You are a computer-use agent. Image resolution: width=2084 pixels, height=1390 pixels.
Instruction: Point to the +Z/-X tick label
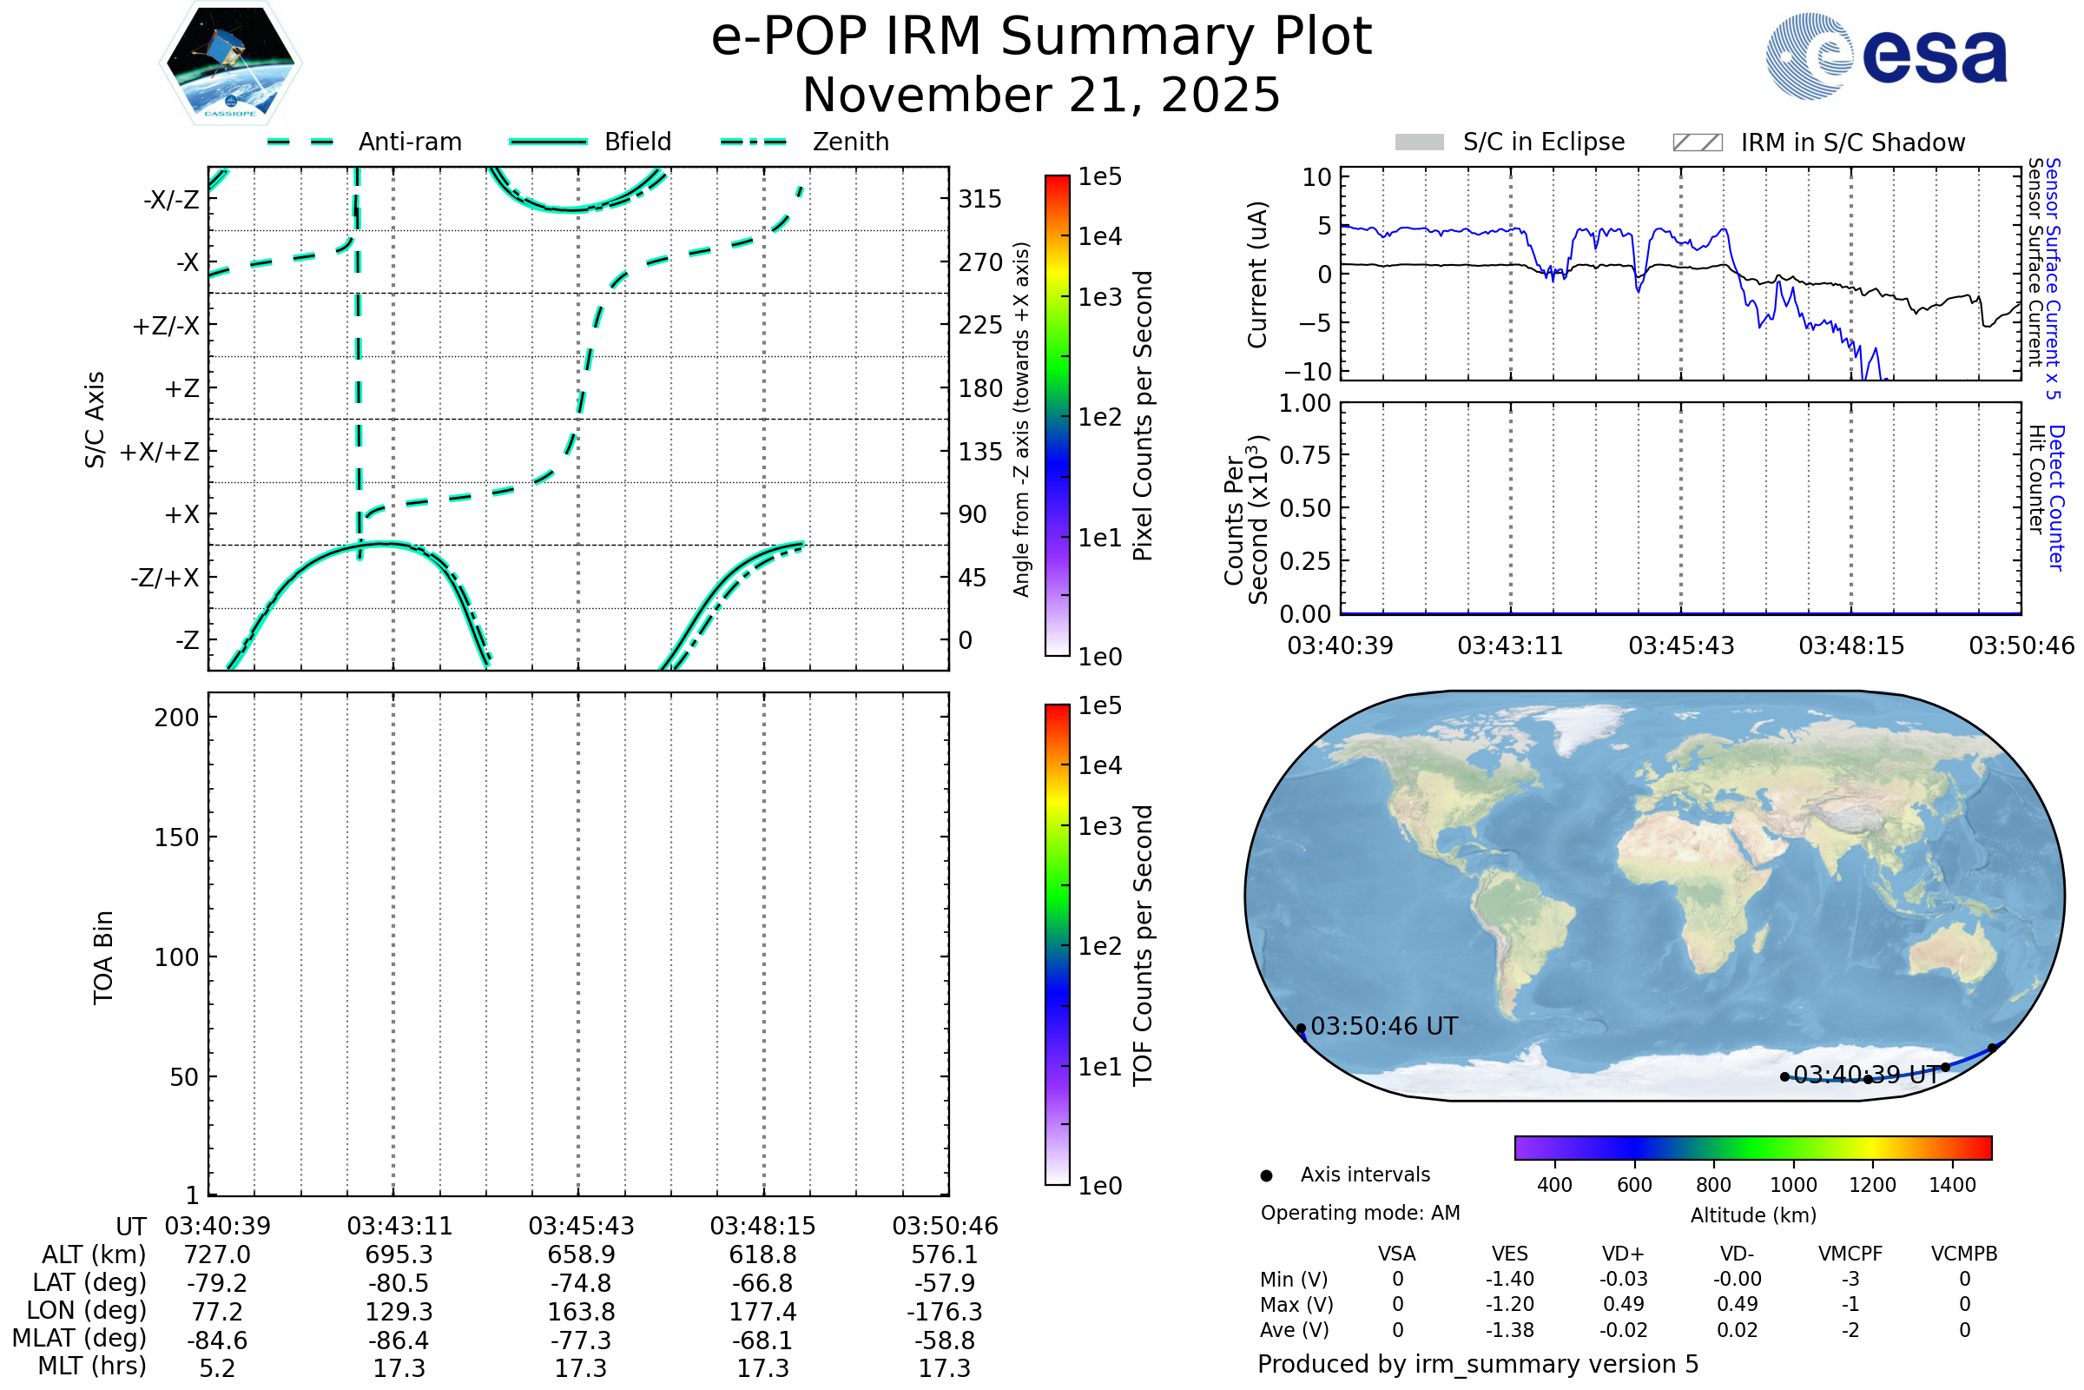coord(166,327)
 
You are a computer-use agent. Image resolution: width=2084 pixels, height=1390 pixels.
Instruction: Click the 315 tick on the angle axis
coord(979,199)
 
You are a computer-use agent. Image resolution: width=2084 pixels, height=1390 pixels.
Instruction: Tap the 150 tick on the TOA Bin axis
coord(176,837)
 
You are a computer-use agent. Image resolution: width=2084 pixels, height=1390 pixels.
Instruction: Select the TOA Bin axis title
coord(103,957)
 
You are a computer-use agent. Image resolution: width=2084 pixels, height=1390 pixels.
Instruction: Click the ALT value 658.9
coord(581,1254)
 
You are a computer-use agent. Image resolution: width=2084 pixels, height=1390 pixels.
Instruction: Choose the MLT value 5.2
coord(217,1367)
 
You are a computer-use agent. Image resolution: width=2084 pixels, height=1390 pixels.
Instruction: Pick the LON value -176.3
coord(945,1311)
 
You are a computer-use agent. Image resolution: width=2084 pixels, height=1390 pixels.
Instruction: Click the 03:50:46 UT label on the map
coord(1384,1027)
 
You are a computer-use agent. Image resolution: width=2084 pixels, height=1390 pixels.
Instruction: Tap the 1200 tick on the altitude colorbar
coord(1872,1185)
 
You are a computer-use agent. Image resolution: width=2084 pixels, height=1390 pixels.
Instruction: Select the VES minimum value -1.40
coord(1510,1279)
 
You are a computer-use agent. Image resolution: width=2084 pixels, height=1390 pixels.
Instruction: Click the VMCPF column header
coord(1850,1254)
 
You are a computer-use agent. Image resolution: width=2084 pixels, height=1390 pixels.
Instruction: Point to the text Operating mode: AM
coord(1360,1213)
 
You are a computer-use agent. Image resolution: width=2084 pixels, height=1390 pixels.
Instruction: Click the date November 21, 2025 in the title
coord(1041,95)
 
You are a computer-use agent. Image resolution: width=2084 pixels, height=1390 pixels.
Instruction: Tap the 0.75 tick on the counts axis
coord(1305,455)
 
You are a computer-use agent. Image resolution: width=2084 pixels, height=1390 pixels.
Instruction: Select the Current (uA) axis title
coord(1258,275)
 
